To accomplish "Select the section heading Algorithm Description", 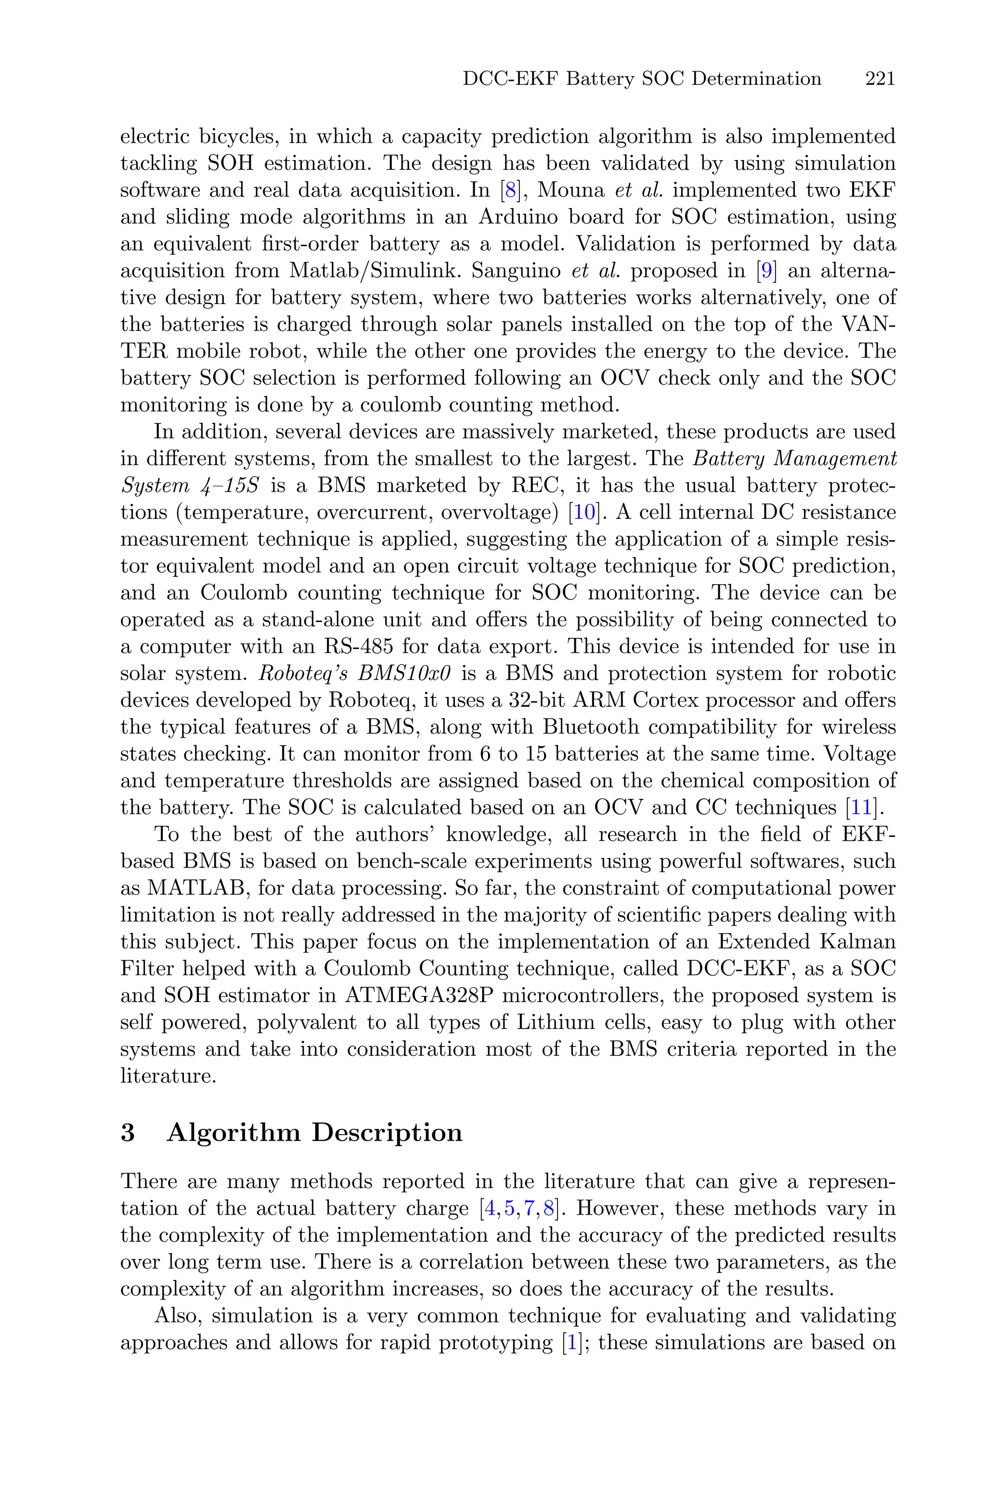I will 314,1132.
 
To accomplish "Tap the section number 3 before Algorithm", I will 128,1132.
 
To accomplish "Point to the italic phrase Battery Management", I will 794,459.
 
